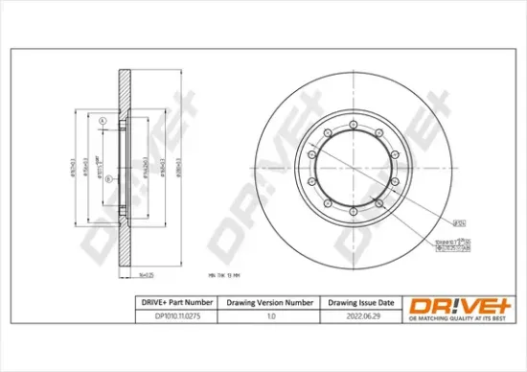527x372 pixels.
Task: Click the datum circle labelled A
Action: tap(101, 120)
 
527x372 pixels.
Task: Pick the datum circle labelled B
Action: tap(109, 179)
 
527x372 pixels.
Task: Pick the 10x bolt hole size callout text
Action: tap(449, 231)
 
